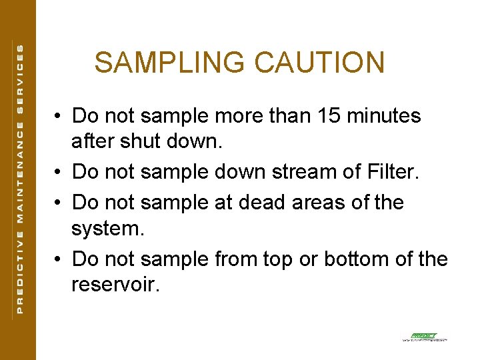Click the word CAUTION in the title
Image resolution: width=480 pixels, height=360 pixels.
coord(319,63)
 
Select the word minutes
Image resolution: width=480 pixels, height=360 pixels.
coord(385,116)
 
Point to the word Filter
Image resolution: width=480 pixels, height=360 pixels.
coord(392,172)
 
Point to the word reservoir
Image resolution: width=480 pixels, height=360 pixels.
coord(115,286)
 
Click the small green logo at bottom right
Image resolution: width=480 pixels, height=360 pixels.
coord(424,337)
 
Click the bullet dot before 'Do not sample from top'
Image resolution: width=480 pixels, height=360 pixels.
coord(59,259)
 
